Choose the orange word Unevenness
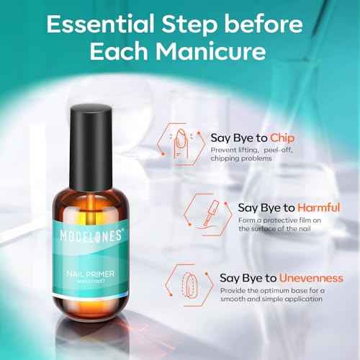pos(310,277)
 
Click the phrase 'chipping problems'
pos(241,158)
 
